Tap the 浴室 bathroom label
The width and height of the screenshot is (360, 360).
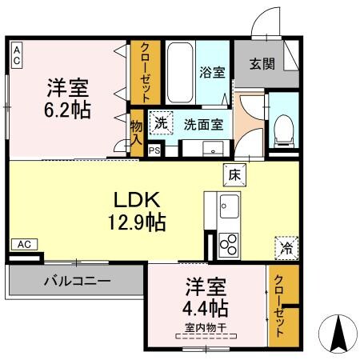(x=211, y=71)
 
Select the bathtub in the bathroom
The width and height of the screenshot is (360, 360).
(x=180, y=72)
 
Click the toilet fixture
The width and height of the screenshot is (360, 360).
(x=282, y=128)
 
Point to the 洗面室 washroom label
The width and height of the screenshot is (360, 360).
(x=203, y=124)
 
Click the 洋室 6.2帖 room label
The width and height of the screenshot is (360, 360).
(x=67, y=97)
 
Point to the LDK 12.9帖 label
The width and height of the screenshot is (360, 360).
(x=133, y=210)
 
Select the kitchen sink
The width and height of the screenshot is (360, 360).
(x=229, y=206)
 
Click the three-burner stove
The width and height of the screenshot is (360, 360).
(x=228, y=242)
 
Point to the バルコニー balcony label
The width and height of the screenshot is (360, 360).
(x=77, y=281)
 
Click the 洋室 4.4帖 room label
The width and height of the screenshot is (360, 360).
(x=207, y=297)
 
